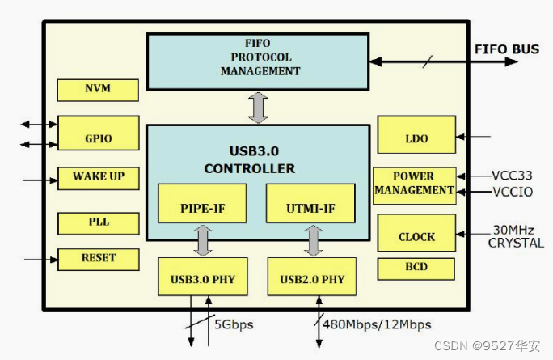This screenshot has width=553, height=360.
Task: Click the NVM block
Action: pos(98,89)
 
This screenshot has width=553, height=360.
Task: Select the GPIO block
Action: pos(98,138)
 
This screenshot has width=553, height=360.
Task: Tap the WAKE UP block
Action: pos(98,177)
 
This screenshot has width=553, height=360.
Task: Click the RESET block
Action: pos(98,259)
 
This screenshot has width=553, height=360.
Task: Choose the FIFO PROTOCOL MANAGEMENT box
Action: pos(258,61)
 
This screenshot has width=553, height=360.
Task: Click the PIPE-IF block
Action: pos(203,206)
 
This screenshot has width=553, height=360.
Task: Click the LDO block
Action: pos(416,138)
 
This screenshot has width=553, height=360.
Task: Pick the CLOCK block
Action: pos(416,236)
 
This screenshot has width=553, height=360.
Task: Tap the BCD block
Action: pos(416,268)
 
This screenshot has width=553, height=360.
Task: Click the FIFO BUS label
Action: pos(506,49)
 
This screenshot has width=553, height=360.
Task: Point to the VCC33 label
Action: pos(514,176)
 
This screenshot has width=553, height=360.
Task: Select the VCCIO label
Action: pos(514,193)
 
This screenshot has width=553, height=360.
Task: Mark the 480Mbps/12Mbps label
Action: pos(377,324)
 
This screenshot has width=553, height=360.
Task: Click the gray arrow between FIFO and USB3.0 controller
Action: pos(258,108)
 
